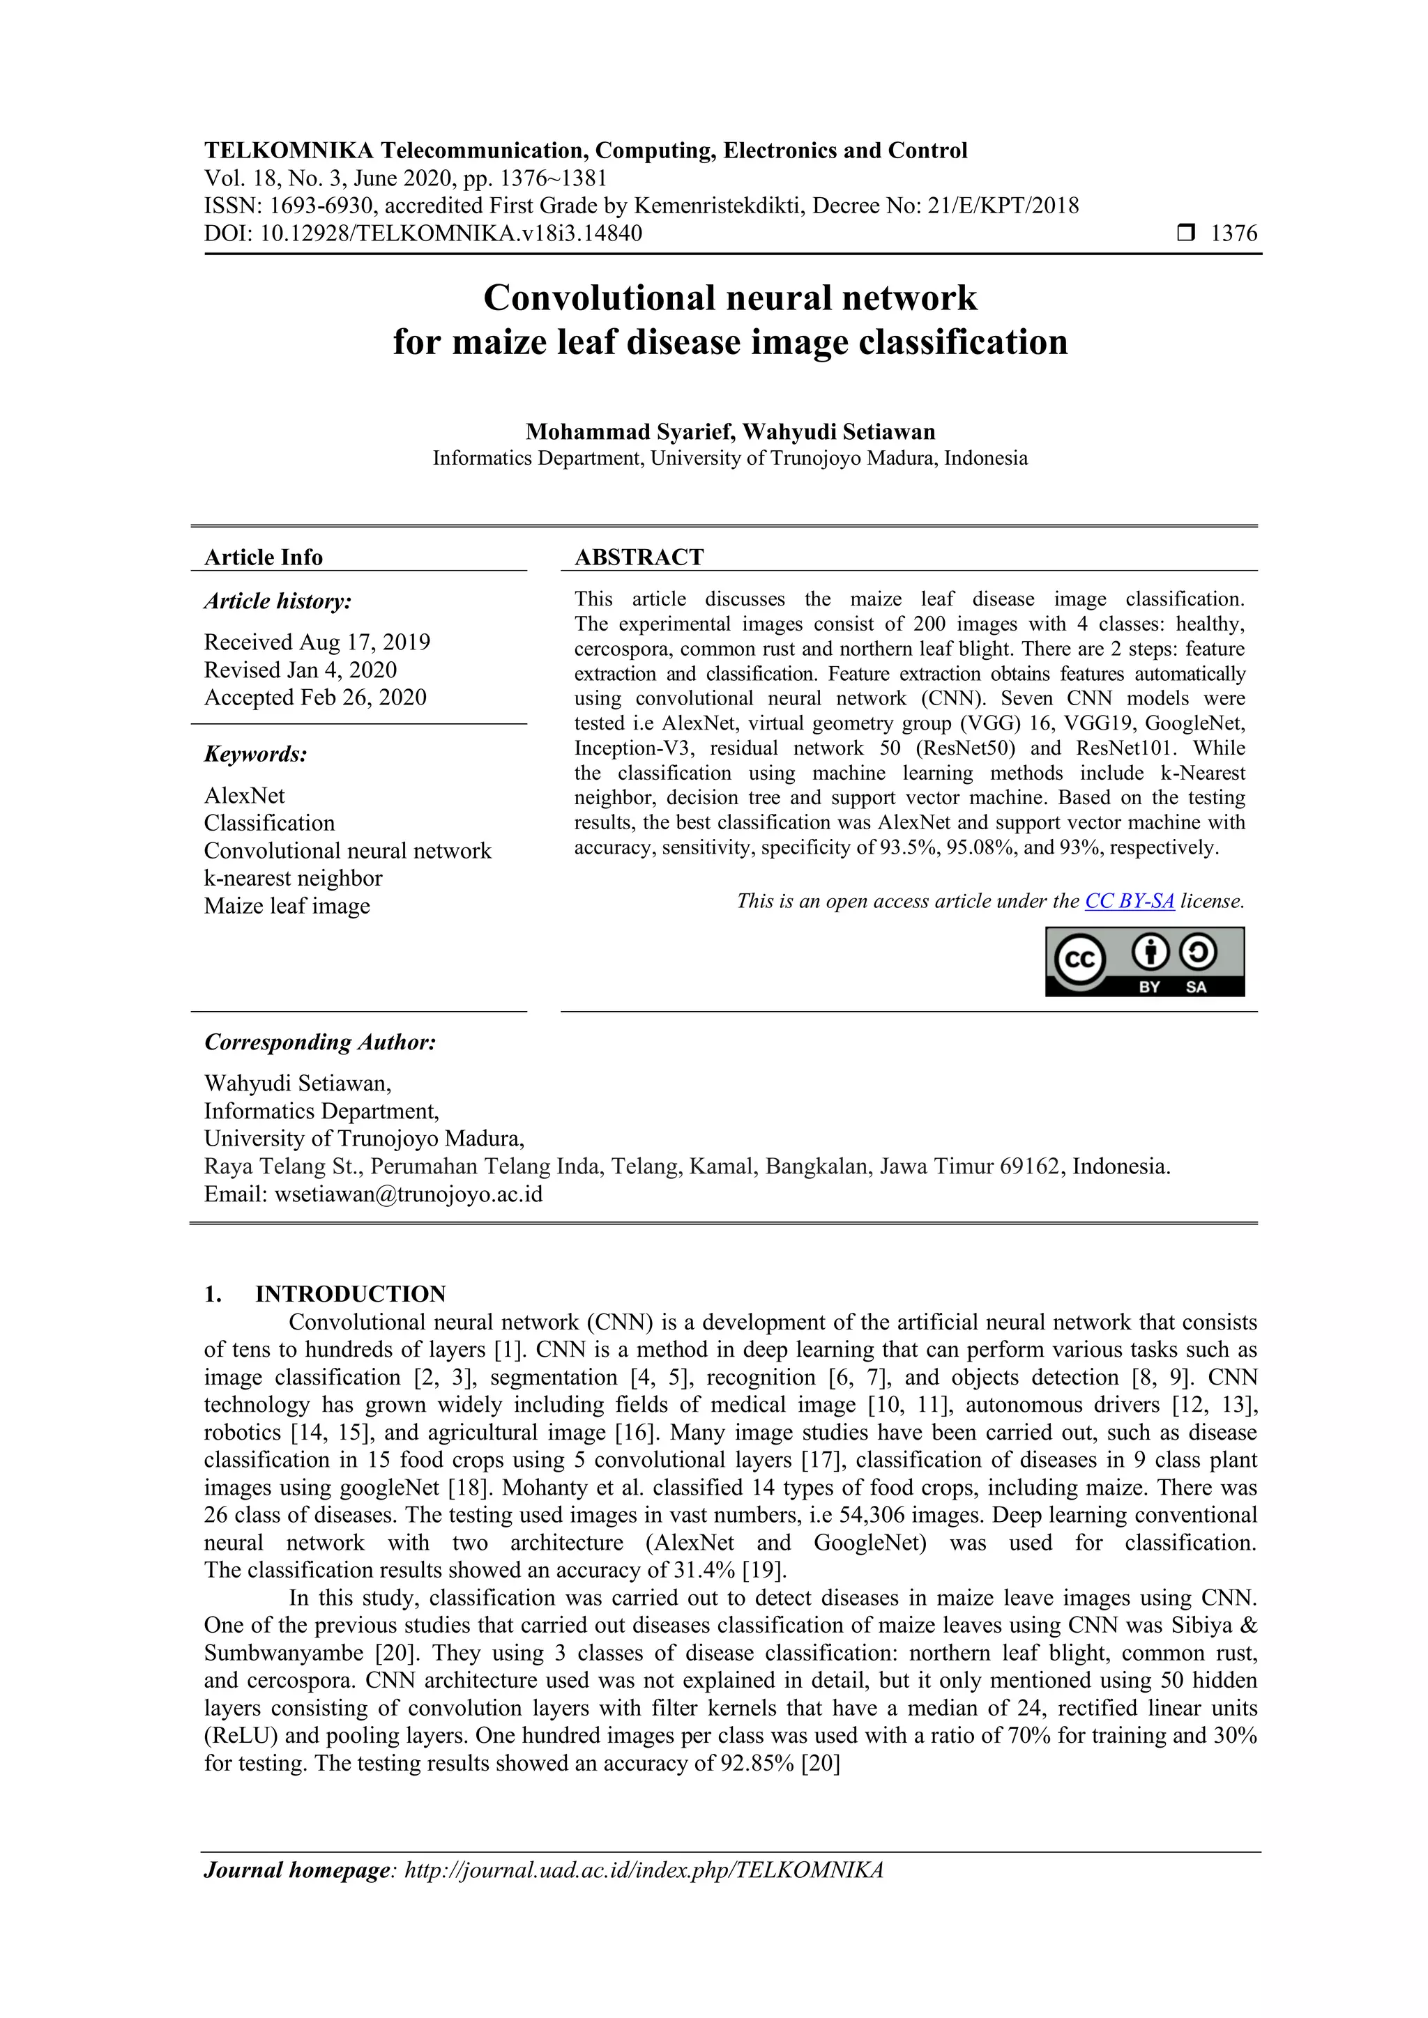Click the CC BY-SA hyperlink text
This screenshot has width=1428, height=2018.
1129,901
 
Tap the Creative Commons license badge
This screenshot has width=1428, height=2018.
1144,962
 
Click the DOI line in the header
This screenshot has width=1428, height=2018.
423,234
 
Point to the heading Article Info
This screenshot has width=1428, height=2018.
263,557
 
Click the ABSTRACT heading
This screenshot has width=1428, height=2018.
639,557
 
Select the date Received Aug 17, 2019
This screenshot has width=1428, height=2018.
317,642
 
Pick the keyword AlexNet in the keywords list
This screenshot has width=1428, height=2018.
245,795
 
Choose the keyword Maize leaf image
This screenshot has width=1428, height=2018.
287,906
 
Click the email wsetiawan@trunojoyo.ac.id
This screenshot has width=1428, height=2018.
408,1194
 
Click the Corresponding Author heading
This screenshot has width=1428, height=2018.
320,1042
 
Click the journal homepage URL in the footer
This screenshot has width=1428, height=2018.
643,1870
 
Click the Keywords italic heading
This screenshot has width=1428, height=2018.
255,755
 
